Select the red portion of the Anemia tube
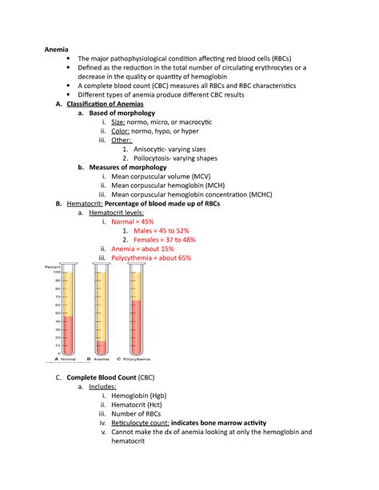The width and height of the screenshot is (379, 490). click(102, 346)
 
